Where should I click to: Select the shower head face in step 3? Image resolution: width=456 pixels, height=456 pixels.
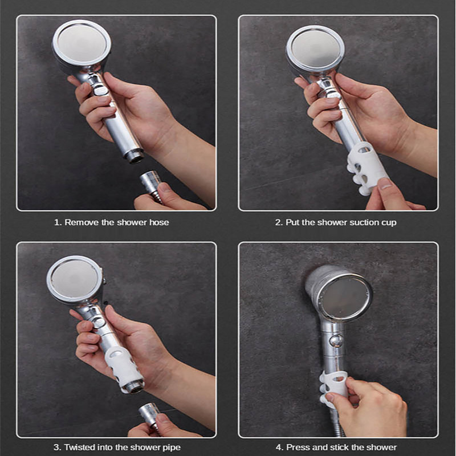point(75,279)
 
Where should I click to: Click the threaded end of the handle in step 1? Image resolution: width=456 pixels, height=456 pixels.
point(134,156)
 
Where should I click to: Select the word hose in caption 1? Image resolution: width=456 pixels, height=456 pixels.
point(159,222)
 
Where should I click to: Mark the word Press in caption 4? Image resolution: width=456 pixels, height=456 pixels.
point(297,447)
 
